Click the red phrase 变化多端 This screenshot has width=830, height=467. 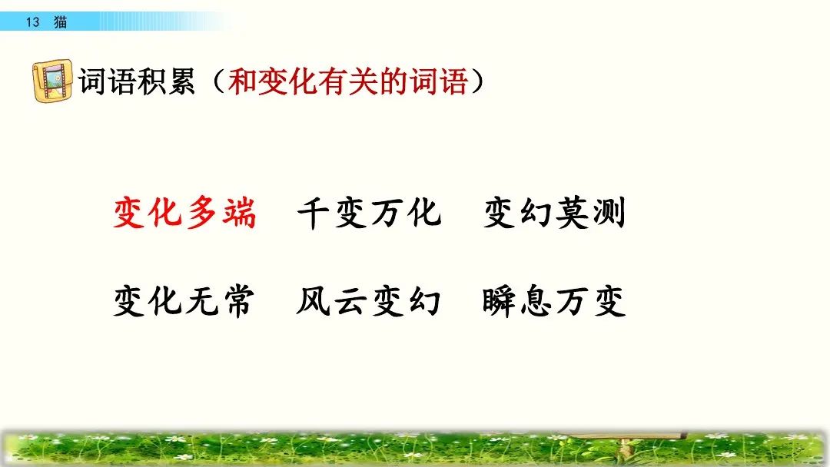coord(184,212)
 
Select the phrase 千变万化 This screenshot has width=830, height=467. coord(369,212)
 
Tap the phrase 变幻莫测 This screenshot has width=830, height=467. coord(554,212)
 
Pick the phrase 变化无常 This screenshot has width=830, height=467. coord(184,301)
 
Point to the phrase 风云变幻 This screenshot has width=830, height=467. coord(369,301)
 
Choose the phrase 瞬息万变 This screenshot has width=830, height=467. coord(554,301)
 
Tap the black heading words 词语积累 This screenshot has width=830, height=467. coord(137,81)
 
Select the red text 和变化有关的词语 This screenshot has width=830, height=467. coord(347,81)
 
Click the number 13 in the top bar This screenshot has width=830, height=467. coord(32,22)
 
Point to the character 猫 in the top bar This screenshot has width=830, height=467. coord(60,22)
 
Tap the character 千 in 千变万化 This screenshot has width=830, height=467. coord(314,212)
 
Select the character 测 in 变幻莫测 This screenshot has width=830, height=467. coord(609,212)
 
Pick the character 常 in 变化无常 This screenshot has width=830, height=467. coord(238,301)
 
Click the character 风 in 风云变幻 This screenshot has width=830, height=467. coord(314,301)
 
